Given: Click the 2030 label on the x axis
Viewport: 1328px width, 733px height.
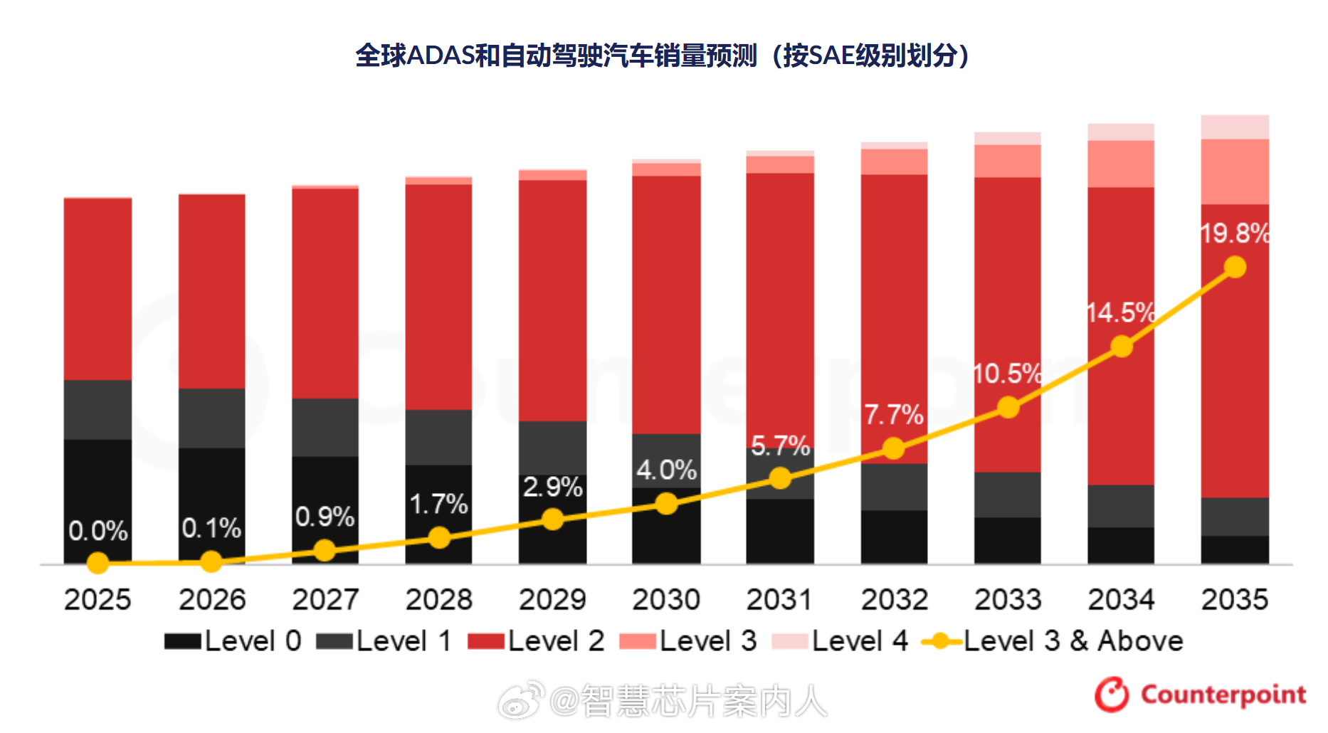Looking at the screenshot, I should coord(665,599).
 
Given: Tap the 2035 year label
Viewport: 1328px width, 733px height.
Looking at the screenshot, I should coord(1234,599).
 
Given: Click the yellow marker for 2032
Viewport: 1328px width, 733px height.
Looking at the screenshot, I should coord(894,448).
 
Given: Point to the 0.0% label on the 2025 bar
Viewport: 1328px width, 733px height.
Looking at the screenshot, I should coord(98,531).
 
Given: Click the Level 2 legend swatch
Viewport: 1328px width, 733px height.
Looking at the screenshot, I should coord(486,641).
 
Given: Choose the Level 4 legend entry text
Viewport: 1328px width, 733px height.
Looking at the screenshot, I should coord(860,641).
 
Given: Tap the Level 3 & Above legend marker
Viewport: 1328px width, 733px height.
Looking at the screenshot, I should coord(941,641).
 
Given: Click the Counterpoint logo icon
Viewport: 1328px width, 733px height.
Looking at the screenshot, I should coord(1111,695).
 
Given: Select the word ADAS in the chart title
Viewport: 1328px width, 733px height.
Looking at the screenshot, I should coord(441,56).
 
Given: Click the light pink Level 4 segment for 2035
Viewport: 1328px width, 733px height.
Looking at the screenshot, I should coord(1235,127).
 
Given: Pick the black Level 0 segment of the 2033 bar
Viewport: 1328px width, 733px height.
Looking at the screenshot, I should coord(1007,540).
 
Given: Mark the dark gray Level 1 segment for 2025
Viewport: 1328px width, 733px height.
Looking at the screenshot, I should coord(98,410).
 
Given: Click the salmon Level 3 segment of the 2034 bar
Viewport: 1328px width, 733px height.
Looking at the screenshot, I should coord(1121,164).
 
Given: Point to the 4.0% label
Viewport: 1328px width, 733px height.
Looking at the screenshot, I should coord(666,470).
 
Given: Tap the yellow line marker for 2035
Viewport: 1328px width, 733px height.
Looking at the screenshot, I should coord(1235,268).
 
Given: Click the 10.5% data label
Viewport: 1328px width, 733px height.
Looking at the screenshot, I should coord(1006,374).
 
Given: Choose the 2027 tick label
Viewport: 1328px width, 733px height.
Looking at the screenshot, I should coord(325,599).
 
